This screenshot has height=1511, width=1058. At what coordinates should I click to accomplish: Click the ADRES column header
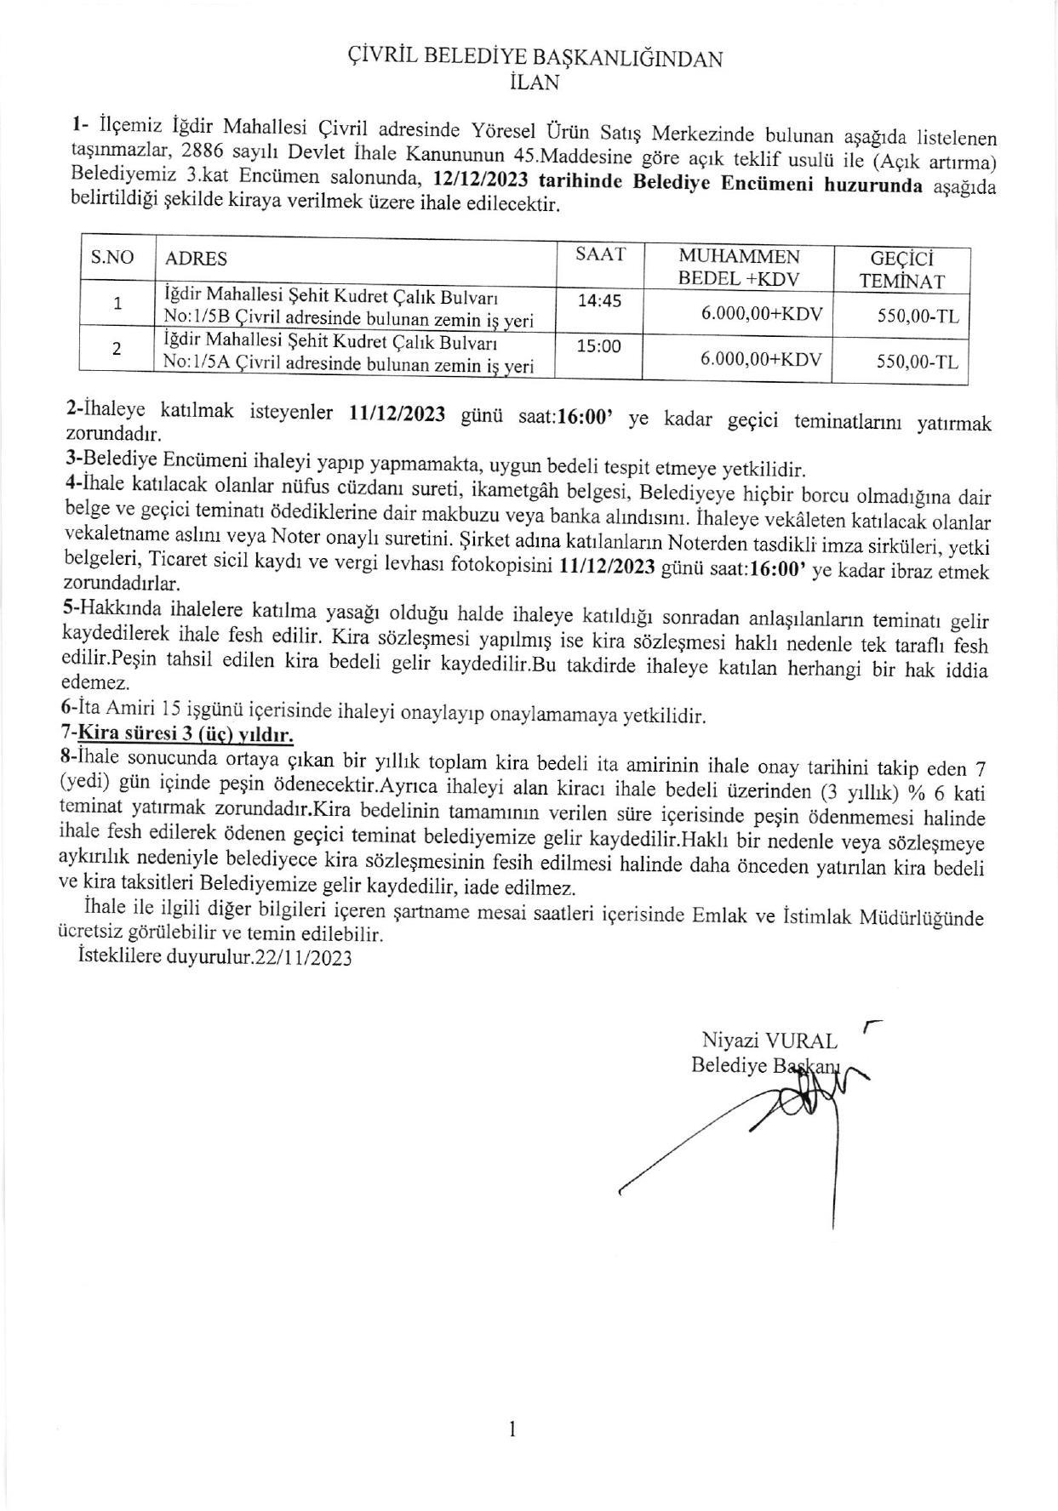[x=196, y=259]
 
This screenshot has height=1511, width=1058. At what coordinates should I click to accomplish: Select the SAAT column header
[x=600, y=254]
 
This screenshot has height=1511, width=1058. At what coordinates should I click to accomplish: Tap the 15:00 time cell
[x=600, y=345]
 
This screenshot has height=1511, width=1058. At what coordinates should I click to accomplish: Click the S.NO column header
[x=113, y=257]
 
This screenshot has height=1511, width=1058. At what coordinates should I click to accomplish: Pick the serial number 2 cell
[x=117, y=348]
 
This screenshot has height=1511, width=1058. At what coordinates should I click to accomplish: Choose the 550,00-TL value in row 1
[x=918, y=316]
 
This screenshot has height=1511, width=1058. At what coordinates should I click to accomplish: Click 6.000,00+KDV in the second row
[x=761, y=359]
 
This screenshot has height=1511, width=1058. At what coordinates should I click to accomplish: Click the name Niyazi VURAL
[x=769, y=1041]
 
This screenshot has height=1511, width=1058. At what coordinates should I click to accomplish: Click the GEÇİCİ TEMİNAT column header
[x=901, y=270]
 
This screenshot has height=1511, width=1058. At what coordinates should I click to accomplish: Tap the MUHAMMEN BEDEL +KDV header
[x=738, y=266]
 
